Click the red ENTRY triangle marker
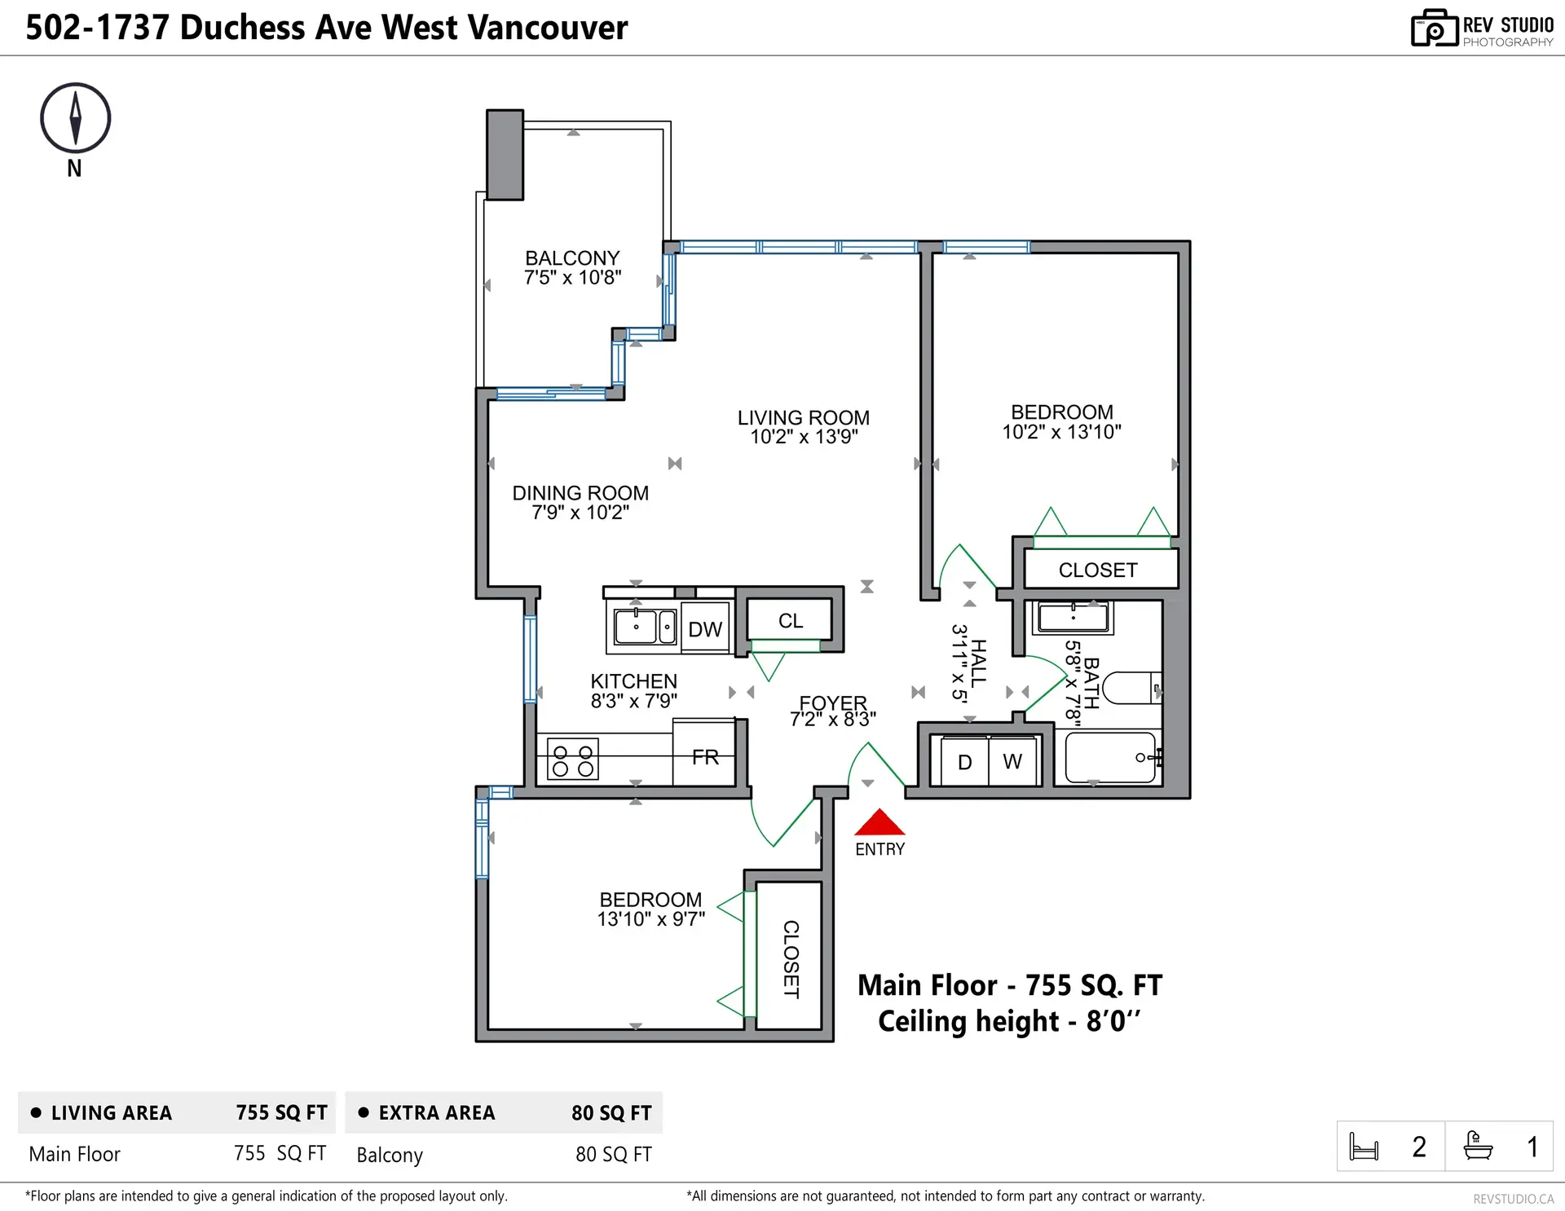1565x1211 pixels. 879,824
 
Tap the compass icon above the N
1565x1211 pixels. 75,118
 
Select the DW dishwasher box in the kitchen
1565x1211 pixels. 705,628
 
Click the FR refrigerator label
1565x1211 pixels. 705,757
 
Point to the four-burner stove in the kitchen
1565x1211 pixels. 573,760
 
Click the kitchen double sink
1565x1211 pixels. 645,628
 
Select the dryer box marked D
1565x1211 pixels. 964,762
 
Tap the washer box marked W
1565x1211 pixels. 1012,761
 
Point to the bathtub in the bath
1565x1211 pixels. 1109,757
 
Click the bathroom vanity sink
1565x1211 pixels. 1073,617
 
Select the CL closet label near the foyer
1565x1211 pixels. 790,621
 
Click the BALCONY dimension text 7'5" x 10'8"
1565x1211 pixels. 572,278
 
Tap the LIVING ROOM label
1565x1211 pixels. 803,417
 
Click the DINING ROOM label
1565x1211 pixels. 580,493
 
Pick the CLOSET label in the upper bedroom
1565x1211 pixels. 1097,570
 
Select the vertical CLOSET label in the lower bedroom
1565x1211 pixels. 790,959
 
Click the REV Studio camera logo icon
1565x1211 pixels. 1434,29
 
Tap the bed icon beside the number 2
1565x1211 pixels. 1364,1147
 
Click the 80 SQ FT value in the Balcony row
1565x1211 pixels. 613,1154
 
